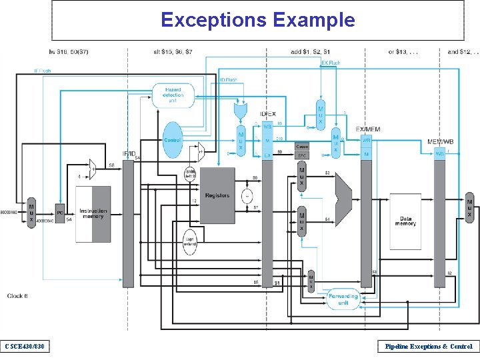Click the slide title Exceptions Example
tap(257, 20)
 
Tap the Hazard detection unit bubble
tap(173, 95)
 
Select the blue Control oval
tap(173, 140)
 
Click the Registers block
tap(217, 195)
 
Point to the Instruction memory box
tap(93, 214)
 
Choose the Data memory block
tap(406, 221)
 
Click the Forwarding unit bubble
tap(343, 299)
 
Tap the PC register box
tap(59, 214)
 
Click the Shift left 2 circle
tap(191, 175)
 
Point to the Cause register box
tap(302, 146)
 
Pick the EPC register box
tap(302, 155)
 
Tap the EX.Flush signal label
tap(331, 63)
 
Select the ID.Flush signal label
tap(228, 80)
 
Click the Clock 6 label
tap(18, 295)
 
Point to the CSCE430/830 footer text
tap(25, 346)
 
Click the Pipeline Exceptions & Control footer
tap(425, 346)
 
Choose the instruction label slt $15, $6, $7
tap(173, 51)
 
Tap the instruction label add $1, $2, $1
tap(311, 51)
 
